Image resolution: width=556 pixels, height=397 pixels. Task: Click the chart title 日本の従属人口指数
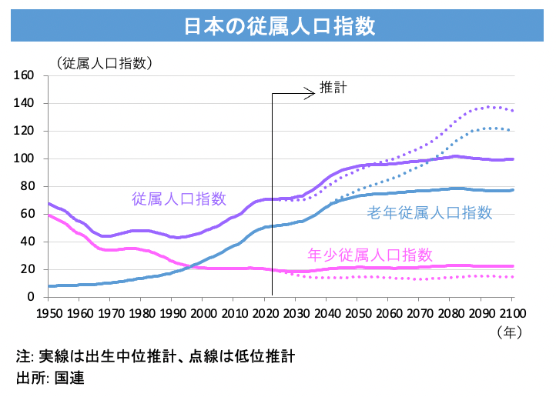tap(279, 25)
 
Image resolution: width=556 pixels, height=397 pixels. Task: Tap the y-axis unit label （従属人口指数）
tap(102, 62)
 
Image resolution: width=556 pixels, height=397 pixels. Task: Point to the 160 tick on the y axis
tap(27, 75)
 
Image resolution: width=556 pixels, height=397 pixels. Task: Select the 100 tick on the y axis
tap(27, 158)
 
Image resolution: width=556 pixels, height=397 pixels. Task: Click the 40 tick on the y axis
tap(30, 242)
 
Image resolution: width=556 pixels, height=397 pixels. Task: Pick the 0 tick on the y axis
tap(33, 297)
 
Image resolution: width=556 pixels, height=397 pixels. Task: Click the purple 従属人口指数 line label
tap(179, 198)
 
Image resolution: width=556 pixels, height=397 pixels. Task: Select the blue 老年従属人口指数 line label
tap(429, 212)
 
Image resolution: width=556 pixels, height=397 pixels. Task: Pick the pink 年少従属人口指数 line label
tap(370, 254)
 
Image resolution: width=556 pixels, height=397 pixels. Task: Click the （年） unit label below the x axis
tap(511, 332)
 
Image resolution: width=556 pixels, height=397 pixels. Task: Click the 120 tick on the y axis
tap(27, 131)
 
